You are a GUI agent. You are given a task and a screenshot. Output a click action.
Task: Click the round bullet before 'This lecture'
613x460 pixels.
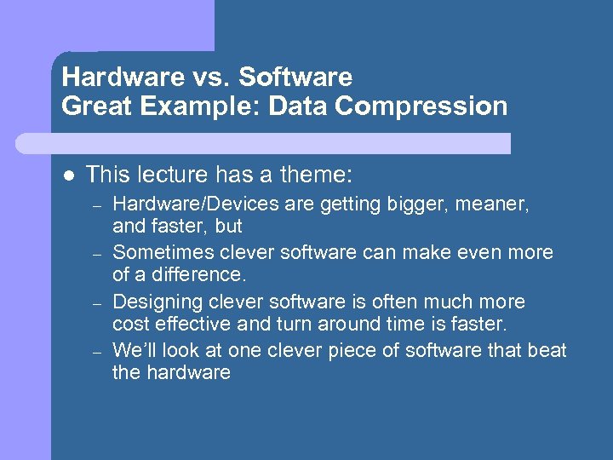coord(70,175)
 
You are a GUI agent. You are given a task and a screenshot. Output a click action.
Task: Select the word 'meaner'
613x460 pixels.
coord(497,204)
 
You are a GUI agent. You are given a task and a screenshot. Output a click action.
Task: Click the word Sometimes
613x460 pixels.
coord(162,253)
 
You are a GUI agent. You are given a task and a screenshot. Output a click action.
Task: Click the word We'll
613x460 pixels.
coord(133,350)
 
